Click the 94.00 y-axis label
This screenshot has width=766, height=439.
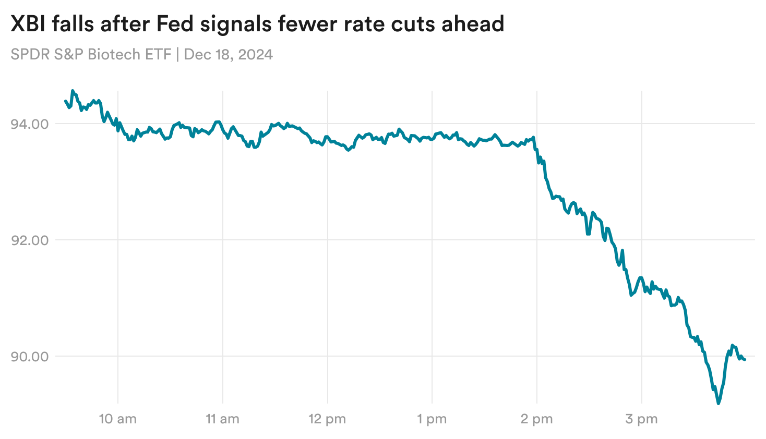coord(29,124)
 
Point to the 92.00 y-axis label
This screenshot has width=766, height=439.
coord(29,240)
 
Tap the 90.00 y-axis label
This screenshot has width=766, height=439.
coord(29,357)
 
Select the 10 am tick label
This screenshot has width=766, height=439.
coord(118,419)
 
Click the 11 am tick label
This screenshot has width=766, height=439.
coord(223,419)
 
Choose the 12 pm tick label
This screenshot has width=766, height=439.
coord(327,419)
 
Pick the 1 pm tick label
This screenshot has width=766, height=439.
coord(432,419)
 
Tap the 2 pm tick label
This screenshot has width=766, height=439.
coord(536,419)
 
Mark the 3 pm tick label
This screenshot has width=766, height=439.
coord(641,419)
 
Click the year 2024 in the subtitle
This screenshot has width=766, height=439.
coord(255,55)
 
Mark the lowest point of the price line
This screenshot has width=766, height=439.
coord(719,403)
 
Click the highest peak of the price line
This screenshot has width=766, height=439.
coord(73,91)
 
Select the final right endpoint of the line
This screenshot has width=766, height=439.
coord(745,360)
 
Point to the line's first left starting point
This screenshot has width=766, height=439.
coord(65,101)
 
